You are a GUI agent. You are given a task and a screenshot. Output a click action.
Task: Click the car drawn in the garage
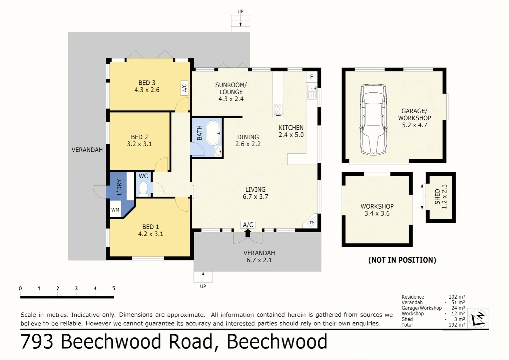[373, 119]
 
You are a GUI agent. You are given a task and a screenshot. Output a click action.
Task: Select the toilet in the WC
[143, 188]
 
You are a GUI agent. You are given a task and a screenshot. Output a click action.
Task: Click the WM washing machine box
[115, 210]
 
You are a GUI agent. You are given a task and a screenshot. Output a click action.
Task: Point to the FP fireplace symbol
[312, 223]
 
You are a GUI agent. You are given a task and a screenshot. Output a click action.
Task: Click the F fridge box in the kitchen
[312, 77]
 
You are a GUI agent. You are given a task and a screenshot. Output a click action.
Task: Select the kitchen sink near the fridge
[312, 89]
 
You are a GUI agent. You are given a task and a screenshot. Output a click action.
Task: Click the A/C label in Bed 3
[184, 88]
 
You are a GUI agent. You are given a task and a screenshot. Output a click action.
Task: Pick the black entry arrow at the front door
[247, 233]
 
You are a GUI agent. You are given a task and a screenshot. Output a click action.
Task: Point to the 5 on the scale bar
[114, 289]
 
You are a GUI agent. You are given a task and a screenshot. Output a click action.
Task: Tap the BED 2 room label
[139, 137]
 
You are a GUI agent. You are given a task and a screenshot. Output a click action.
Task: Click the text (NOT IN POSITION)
[402, 260]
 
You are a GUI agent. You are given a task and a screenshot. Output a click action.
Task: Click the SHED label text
[437, 197]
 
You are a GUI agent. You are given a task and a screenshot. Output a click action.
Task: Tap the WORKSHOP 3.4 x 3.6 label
[377, 210]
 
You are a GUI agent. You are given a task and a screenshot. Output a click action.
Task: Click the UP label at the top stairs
[240, 11]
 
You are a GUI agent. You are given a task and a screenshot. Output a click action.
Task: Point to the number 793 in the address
[37, 342]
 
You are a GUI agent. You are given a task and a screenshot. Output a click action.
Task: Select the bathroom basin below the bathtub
[218, 152]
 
